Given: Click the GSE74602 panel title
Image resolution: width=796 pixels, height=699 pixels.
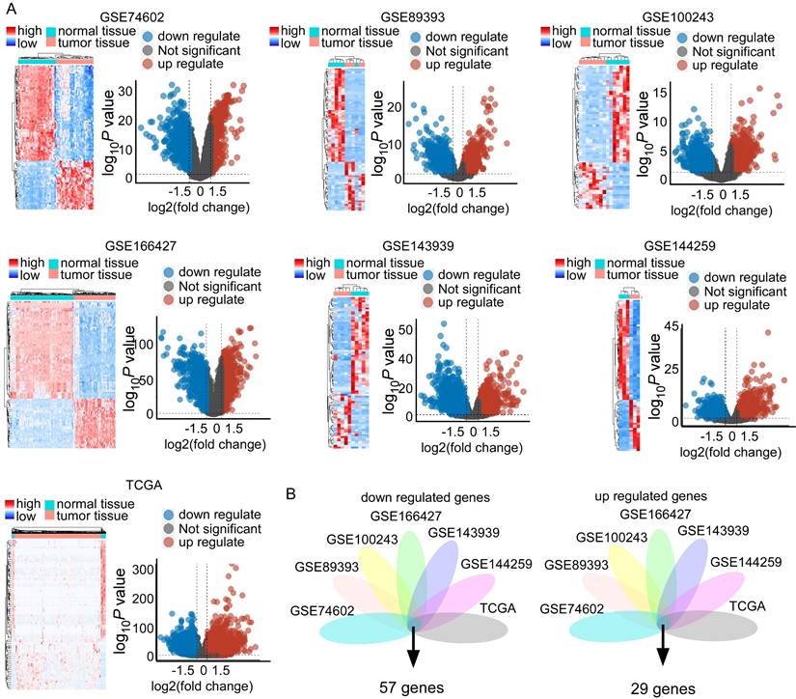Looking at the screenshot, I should click(x=136, y=17).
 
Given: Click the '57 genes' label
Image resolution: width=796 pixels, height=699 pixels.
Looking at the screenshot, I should click(x=412, y=686).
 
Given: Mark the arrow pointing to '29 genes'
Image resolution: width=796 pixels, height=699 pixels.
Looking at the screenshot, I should click(x=663, y=646).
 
